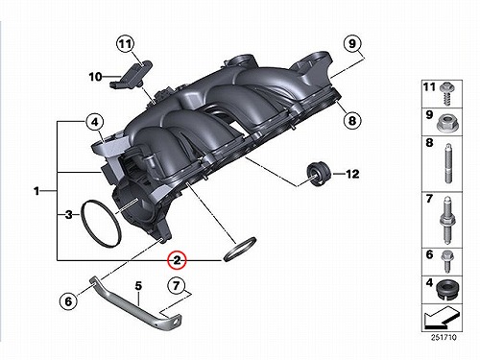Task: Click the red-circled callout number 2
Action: (178, 260)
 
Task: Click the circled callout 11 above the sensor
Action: (126, 43)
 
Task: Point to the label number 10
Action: (95, 77)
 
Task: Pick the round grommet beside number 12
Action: (318, 174)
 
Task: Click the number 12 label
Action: (352, 174)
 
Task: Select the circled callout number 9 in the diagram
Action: (352, 43)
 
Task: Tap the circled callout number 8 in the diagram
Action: (352, 121)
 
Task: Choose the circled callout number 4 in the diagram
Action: (95, 122)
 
